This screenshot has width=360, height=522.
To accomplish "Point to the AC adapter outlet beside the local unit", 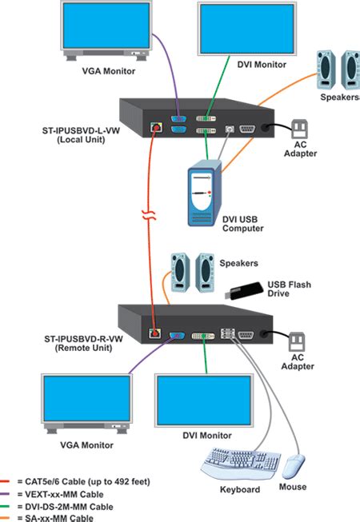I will [x=298, y=128].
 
